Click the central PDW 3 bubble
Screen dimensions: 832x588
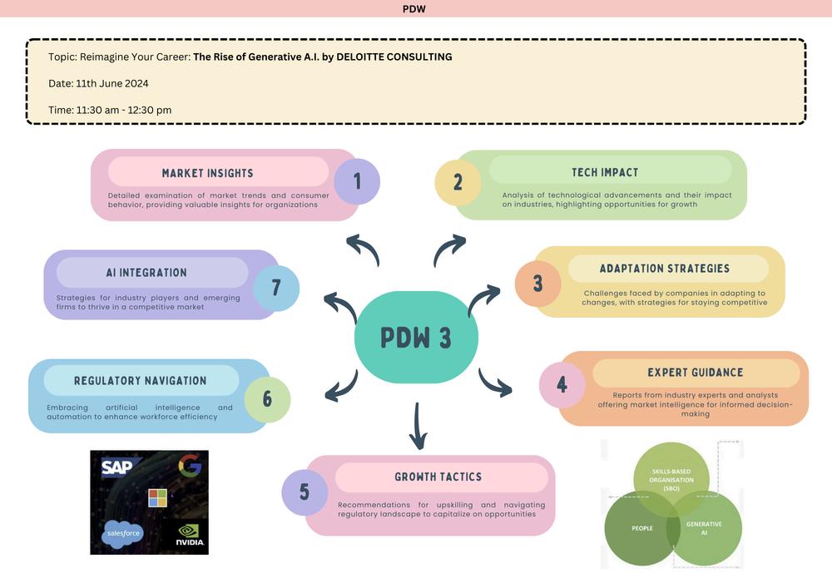(416, 337)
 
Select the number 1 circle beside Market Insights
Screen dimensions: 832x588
(357, 181)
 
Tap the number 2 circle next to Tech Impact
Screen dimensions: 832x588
(458, 182)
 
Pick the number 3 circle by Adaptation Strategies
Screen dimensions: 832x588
(538, 283)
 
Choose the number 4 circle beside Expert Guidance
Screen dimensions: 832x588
(562, 384)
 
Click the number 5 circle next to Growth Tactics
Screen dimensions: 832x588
(305, 492)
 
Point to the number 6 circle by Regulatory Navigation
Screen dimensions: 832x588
(267, 399)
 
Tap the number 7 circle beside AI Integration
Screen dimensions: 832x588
(276, 288)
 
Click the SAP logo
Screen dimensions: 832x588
(116, 467)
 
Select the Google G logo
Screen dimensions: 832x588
(190, 464)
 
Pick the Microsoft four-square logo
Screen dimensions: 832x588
(157, 498)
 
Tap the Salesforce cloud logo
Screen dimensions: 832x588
(122, 533)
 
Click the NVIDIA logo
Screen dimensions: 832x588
(190, 535)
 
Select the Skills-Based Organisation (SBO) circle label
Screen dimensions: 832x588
(671, 480)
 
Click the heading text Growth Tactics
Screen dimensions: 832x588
(438, 477)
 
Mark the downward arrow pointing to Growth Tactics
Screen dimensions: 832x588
(418, 427)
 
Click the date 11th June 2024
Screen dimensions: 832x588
(112, 83)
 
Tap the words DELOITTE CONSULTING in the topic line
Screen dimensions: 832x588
(394, 57)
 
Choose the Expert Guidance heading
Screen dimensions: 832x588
(695, 373)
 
